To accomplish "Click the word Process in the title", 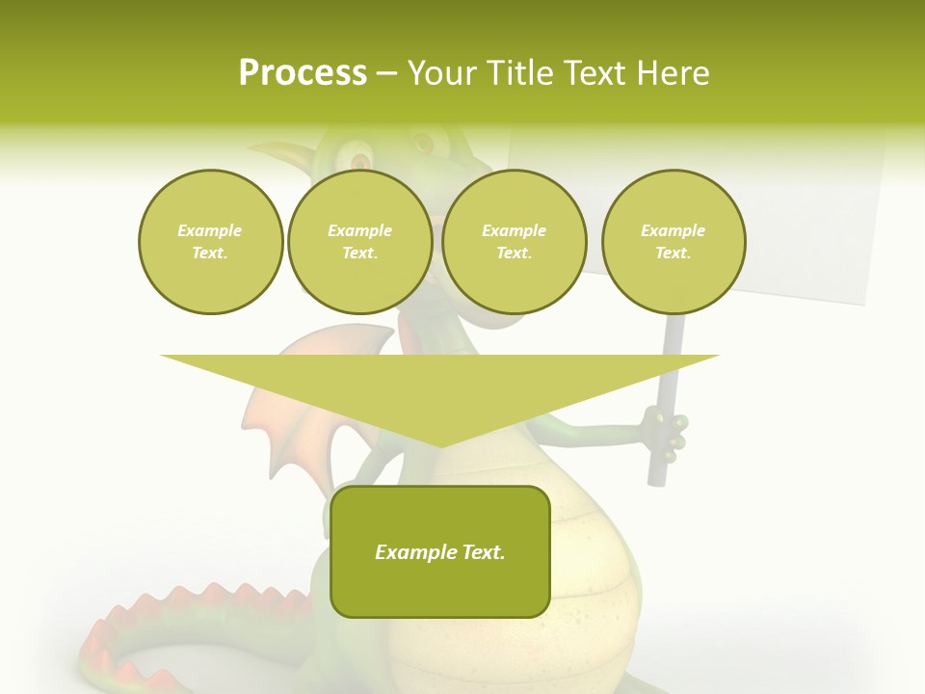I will coord(303,73).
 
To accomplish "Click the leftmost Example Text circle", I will coord(210,242).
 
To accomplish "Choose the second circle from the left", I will coord(359,242).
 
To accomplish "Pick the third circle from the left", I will coord(514,242).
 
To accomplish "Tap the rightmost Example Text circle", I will coord(674,242).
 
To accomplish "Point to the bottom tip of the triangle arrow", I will coord(440,444).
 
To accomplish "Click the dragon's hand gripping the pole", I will coord(665,432).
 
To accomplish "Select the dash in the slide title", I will coord(387,74).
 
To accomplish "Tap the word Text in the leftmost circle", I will coord(210,254).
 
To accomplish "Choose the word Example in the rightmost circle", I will coord(674,230).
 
